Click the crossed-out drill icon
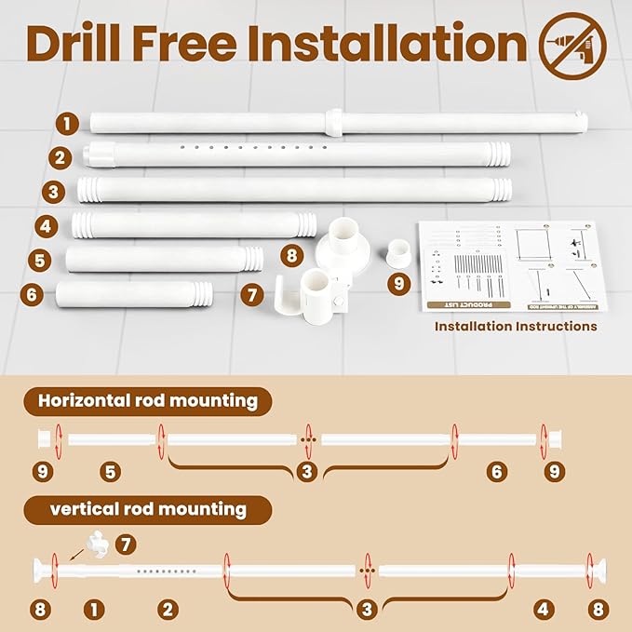[x=572, y=45]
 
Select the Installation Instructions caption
[x=516, y=327]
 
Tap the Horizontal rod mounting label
[x=147, y=401]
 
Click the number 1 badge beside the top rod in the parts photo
[x=66, y=122]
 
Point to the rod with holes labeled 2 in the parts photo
[x=298, y=154]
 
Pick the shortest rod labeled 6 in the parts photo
[x=134, y=295]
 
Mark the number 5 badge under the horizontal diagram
[x=111, y=472]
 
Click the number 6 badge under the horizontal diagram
[x=497, y=472]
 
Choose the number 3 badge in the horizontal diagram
[x=307, y=472]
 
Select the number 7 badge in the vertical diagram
[x=128, y=543]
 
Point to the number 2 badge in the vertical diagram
[x=168, y=610]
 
